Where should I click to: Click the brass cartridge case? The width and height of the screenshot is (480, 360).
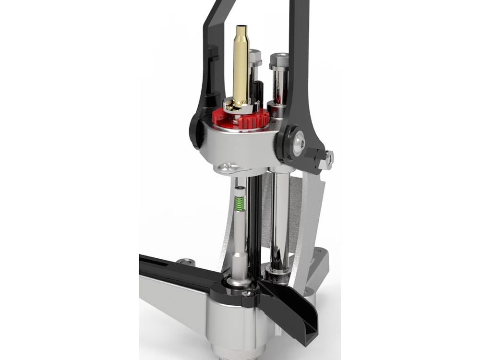pyautogui.click(x=241, y=67)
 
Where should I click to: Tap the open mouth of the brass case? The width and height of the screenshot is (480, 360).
pyautogui.click(x=241, y=29)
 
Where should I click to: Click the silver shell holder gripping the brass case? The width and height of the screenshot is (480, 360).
pyautogui.click(x=240, y=107)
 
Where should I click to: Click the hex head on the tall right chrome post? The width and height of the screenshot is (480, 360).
pyautogui.click(x=279, y=61)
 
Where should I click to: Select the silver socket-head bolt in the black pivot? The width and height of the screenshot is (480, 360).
pyautogui.click(x=299, y=143)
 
